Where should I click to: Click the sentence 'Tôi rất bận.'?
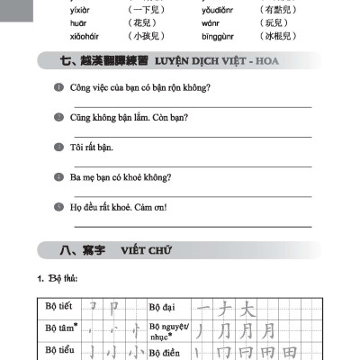click(x=92, y=147)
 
